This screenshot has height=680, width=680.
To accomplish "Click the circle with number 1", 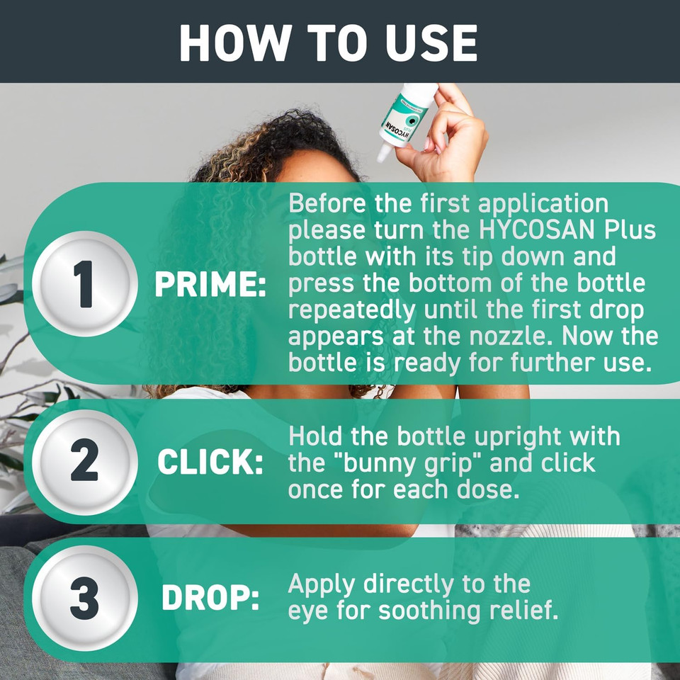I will (x=85, y=284).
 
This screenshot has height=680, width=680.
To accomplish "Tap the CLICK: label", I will (x=210, y=462).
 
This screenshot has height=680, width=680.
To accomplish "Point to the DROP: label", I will (x=210, y=599).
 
